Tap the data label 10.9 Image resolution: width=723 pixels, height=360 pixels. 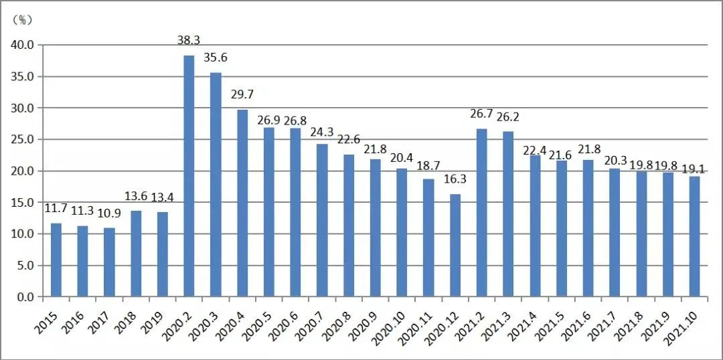click(110, 214)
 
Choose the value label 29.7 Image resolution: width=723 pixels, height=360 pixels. click(242, 94)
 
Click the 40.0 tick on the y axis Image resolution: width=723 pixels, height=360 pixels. click(25, 45)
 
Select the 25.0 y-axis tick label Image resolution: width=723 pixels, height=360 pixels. click(25, 139)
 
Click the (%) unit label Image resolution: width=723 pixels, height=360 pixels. click(23, 20)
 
